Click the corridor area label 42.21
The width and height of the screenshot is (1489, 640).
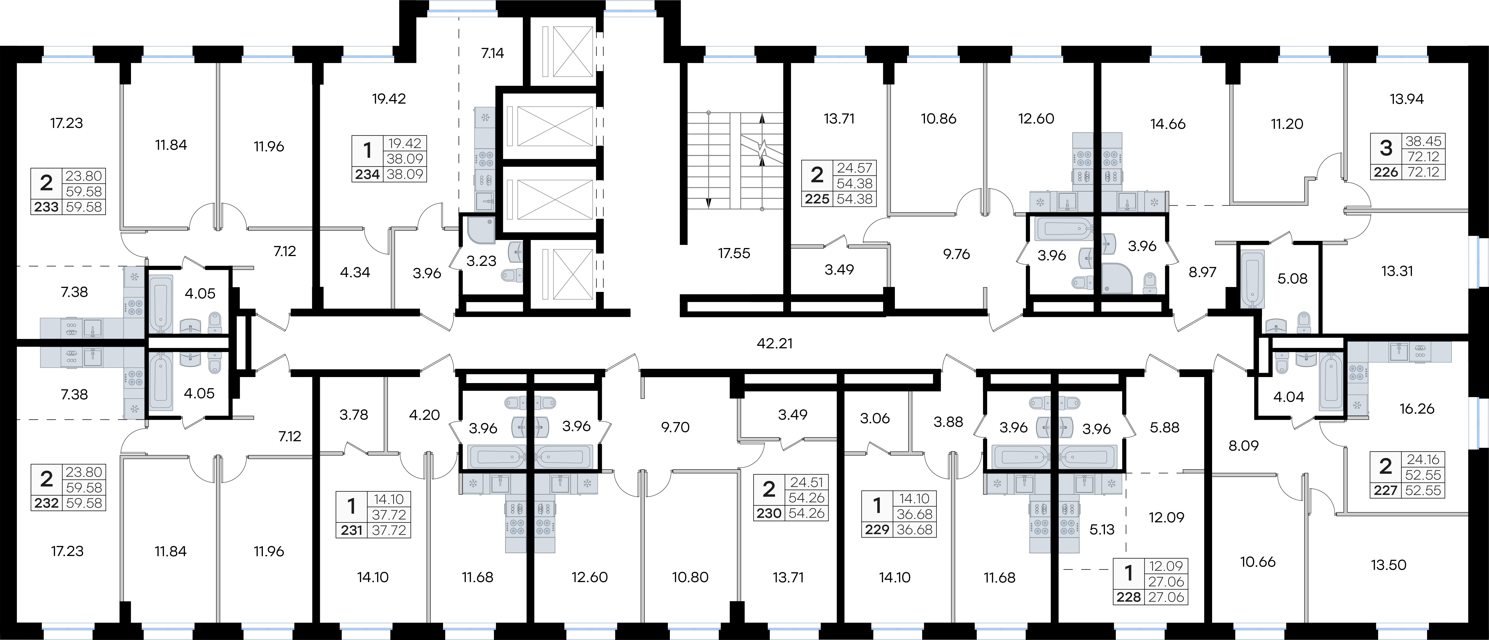tap(775, 343)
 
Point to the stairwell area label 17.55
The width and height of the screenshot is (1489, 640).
tap(734, 253)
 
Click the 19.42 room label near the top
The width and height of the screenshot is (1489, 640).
tap(389, 99)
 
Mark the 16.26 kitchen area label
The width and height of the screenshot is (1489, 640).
tap(1417, 409)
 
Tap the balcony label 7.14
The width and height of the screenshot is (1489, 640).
tap(493, 53)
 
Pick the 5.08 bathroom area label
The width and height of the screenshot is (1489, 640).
tap(1293, 279)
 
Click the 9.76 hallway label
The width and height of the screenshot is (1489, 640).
tap(957, 254)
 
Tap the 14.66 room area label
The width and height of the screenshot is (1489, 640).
tap(1168, 124)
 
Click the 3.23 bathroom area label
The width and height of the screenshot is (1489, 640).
tap(481, 261)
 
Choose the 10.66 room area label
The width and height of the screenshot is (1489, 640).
tap(1258, 561)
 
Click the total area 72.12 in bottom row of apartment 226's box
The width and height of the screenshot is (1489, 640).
tap(1424, 172)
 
